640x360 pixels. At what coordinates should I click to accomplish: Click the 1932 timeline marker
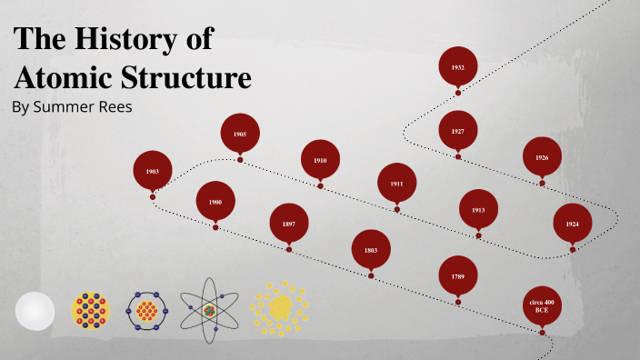coord(458,66)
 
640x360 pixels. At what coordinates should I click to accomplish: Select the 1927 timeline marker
coord(458,132)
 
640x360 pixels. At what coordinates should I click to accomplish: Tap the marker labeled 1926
coord(542,157)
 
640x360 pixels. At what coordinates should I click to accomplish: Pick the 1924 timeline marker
coord(573,223)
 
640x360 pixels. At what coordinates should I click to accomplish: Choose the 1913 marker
coord(478,209)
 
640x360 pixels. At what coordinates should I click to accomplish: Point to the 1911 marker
coord(397,183)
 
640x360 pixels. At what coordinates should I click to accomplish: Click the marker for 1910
coord(320,160)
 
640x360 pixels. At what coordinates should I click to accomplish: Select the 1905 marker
coord(240,134)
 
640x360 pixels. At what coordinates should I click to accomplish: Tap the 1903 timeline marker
coord(153,170)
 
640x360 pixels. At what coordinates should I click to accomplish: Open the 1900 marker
coord(215,202)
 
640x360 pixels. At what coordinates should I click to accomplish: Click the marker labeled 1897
coord(289,223)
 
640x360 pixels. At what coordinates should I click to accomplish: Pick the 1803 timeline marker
coord(371,249)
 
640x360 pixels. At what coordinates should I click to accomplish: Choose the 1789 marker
coord(458,275)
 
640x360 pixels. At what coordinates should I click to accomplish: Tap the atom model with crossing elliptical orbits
coord(210,311)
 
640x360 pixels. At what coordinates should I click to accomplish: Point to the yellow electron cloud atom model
coord(279,307)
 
